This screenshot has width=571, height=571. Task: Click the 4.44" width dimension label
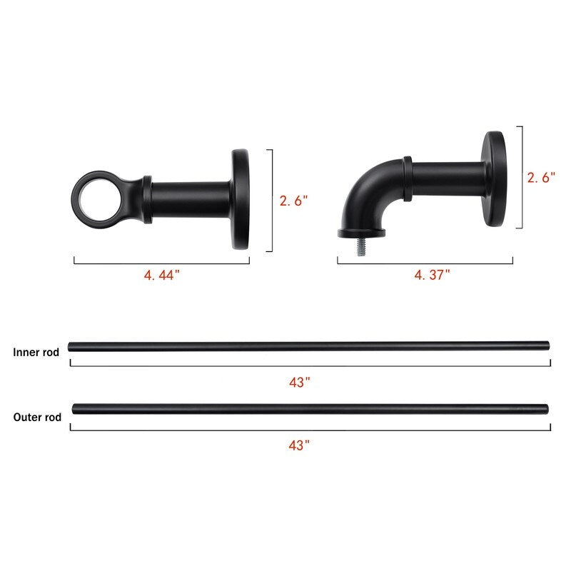pyautogui.click(x=161, y=276)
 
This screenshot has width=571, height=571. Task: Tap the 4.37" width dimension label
pyautogui.click(x=433, y=274)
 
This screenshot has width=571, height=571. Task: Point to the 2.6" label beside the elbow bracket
pyautogui.click(x=541, y=178)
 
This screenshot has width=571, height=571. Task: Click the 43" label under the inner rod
pyautogui.click(x=299, y=383)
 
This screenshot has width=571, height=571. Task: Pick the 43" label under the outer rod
pyautogui.click(x=299, y=445)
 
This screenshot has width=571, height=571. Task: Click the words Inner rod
pyautogui.click(x=36, y=352)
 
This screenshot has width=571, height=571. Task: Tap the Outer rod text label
pyautogui.click(x=37, y=418)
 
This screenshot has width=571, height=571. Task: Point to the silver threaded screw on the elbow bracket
pyautogui.click(x=361, y=244)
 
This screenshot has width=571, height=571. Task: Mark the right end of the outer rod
pyautogui.click(x=546, y=409)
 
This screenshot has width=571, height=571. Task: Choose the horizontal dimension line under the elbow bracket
pyautogui.click(x=425, y=263)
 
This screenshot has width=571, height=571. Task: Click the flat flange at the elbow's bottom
pyautogui.click(x=361, y=231)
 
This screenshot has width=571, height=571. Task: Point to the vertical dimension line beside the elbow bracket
pyautogui.click(x=522, y=177)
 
